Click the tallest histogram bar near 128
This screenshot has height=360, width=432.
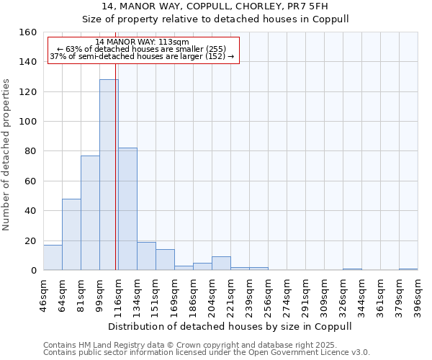pyautogui.click(x=109, y=175)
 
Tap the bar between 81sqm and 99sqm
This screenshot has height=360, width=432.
pyautogui.click(x=90, y=212)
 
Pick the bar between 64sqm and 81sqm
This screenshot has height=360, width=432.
pyautogui.click(x=71, y=234)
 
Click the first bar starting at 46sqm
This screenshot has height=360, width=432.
pyautogui.click(x=53, y=257)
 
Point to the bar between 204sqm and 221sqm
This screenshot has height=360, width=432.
pyautogui.click(x=221, y=264)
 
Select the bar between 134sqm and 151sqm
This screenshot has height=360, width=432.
pyautogui.click(x=146, y=256)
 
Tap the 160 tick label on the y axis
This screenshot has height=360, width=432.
pyautogui.click(x=28, y=32)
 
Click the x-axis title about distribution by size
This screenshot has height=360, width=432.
pyautogui.click(x=230, y=326)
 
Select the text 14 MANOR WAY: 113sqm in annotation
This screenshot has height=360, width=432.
pyautogui.click(x=142, y=42)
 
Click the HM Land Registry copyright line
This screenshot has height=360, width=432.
pyautogui.click(x=199, y=345)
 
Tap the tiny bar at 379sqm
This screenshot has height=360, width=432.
pyautogui.click(x=408, y=269)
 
